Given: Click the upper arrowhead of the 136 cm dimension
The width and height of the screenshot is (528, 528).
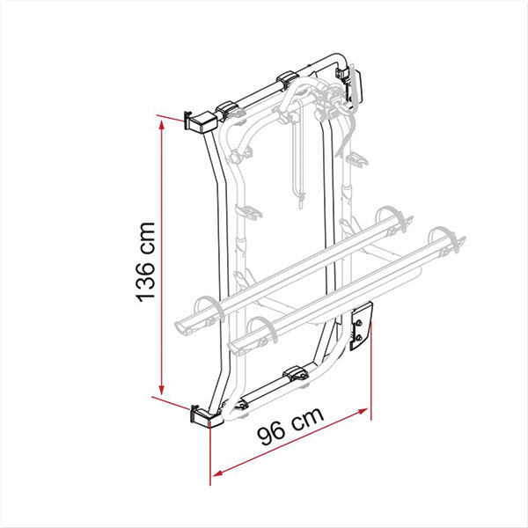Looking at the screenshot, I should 161,125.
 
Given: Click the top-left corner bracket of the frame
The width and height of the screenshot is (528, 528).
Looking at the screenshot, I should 196,121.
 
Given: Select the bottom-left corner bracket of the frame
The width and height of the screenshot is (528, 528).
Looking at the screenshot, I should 203,414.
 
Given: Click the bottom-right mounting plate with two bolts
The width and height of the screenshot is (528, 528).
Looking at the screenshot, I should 361,328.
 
